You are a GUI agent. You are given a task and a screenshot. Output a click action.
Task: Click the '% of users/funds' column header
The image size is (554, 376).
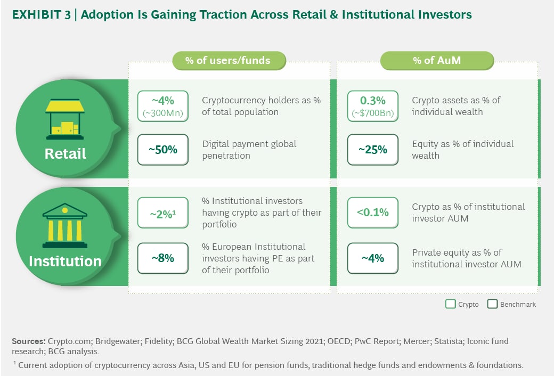click(x=228, y=60)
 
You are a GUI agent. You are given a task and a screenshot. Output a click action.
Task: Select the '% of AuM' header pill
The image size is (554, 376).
click(x=436, y=60)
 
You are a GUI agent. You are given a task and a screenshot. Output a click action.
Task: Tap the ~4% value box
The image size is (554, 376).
click(x=162, y=106)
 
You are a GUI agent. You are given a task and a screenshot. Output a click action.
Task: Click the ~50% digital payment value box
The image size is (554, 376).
click(x=162, y=150)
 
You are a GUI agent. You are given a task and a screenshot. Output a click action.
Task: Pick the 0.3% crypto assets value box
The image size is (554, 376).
click(x=373, y=106)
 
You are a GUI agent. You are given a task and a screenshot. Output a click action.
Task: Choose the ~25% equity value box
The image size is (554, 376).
click(x=373, y=150)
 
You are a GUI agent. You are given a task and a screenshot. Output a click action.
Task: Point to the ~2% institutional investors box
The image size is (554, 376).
click(x=162, y=213)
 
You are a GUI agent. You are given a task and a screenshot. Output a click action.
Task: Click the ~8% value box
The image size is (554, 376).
click(x=162, y=258)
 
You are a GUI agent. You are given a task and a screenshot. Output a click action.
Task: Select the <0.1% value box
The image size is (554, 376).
click(x=373, y=213)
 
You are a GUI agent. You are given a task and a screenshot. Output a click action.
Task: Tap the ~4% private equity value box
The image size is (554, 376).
click(x=373, y=258)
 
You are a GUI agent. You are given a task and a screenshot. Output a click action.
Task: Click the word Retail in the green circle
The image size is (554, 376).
click(x=65, y=154)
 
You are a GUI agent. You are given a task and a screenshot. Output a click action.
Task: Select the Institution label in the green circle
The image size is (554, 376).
click(x=65, y=261)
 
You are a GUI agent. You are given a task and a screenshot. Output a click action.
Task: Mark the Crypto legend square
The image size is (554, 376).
click(x=451, y=305)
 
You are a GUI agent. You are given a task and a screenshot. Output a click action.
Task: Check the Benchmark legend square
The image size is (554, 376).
click(x=492, y=305)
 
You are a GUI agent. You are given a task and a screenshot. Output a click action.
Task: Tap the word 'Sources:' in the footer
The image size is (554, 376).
click(x=28, y=340)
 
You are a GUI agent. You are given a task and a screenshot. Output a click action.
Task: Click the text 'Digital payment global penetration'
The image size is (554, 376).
click(x=249, y=150)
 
